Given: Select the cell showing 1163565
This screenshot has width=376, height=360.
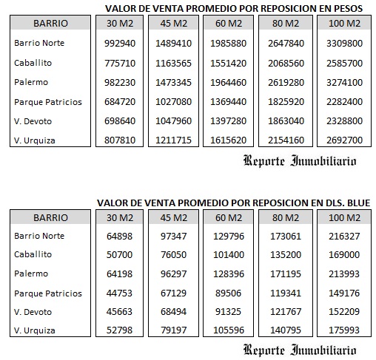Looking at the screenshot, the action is [x=174, y=62].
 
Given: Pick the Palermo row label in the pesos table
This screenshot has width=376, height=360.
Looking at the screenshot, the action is [x=30, y=82].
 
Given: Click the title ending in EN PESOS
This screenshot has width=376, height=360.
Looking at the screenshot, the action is [x=239, y=8].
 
